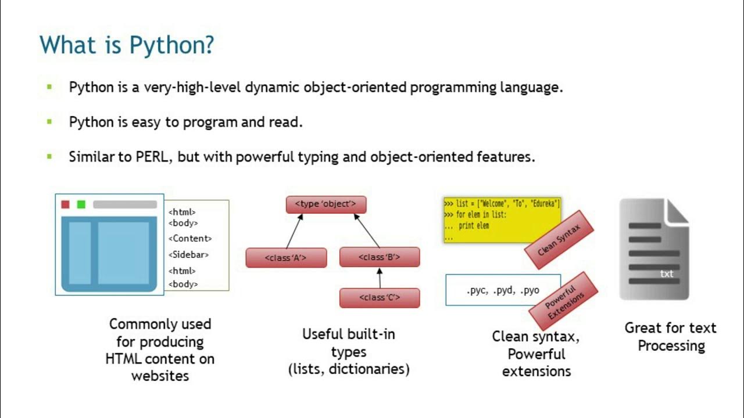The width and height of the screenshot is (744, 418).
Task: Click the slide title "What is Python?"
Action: (127, 45)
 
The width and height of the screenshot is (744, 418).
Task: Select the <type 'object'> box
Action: (326, 204)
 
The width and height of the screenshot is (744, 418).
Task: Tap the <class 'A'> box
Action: (286, 258)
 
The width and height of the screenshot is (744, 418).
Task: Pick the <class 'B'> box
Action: (380, 257)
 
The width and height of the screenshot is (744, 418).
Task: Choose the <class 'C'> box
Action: (380, 298)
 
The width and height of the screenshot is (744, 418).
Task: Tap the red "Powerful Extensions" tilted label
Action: (563, 300)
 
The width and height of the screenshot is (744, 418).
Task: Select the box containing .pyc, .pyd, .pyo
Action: (503, 290)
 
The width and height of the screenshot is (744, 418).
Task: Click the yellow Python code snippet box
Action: (502, 220)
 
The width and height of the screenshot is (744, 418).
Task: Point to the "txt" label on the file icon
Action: (667, 273)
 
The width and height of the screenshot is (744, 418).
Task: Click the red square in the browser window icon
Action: (65, 204)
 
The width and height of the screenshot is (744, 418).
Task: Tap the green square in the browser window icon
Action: (81, 204)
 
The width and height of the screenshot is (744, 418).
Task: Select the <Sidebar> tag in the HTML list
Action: (189, 254)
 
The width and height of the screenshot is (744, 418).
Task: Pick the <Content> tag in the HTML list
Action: (190, 238)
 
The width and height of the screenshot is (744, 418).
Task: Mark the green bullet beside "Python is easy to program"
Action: (49, 122)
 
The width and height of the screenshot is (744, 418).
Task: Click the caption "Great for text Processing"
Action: (671, 337)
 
